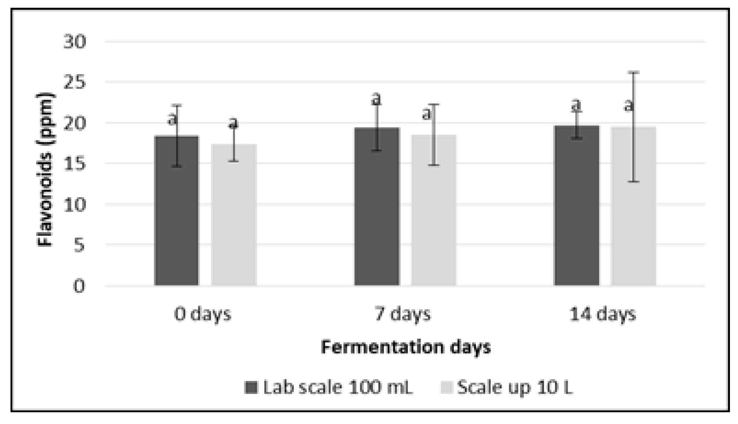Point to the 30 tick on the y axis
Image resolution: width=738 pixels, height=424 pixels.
click(x=75, y=42)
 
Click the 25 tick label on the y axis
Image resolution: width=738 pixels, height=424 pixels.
click(x=75, y=82)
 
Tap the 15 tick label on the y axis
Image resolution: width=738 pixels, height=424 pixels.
click(x=75, y=163)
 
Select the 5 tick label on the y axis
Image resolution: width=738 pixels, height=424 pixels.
click(x=79, y=245)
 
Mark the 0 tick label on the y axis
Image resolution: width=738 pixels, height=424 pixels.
click(x=79, y=286)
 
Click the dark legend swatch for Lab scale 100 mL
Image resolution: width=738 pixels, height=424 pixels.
click(x=250, y=387)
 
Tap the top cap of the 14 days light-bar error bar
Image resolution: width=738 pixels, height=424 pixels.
click(x=633, y=72)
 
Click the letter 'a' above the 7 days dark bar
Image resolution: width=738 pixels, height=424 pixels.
click(x=376, y=99)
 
